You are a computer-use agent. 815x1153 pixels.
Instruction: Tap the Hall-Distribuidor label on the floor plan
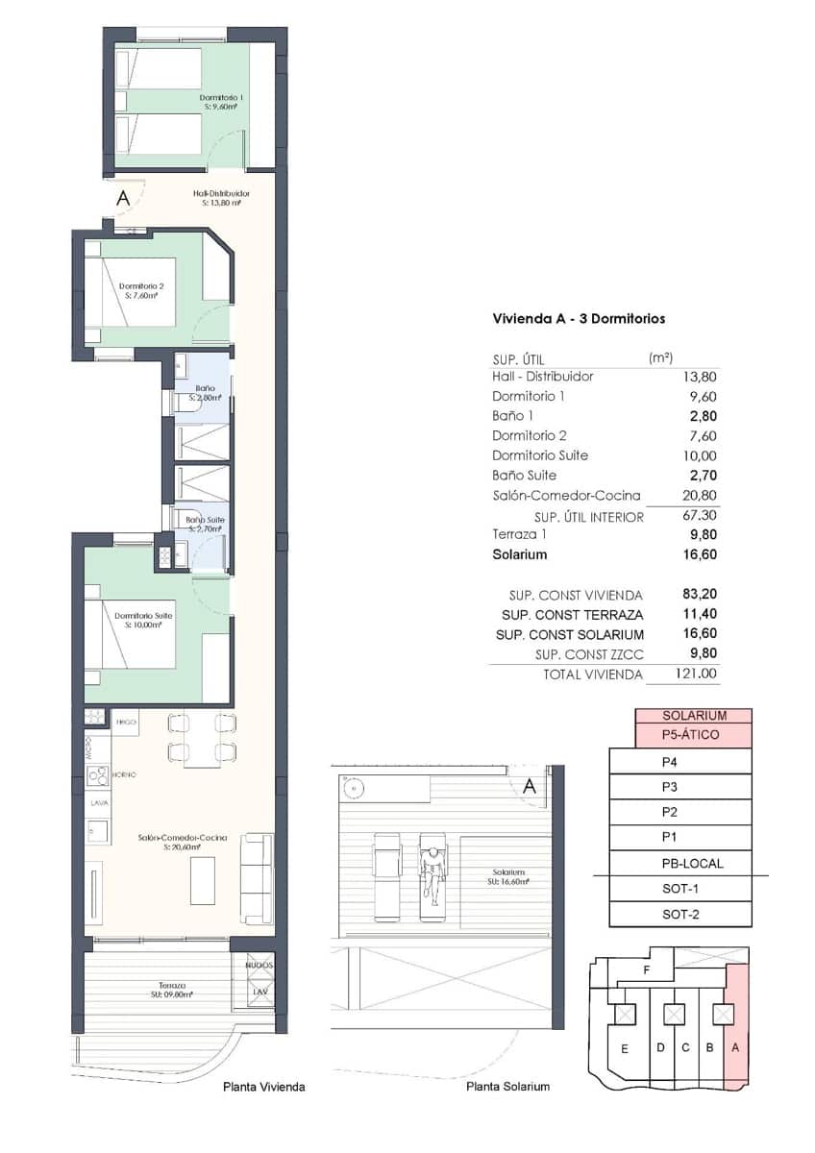coord(221,197)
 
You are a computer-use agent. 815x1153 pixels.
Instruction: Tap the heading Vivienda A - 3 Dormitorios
coord(579,318)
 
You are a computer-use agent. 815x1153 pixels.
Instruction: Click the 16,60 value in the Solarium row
coord(699,554)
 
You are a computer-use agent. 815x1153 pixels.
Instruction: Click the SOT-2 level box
coord(680,914)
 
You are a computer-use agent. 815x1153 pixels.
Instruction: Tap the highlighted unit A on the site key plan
coord(736,1047)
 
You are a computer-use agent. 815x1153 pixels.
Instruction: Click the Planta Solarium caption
coord(507,1087)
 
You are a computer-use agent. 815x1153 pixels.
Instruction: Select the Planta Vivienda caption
coord(263,1087)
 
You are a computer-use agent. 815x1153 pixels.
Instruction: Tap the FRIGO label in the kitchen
coord(125,720)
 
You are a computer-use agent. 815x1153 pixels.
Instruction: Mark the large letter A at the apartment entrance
coord(122,199)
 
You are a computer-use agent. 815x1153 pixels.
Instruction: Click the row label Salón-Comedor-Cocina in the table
coord(566,496)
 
